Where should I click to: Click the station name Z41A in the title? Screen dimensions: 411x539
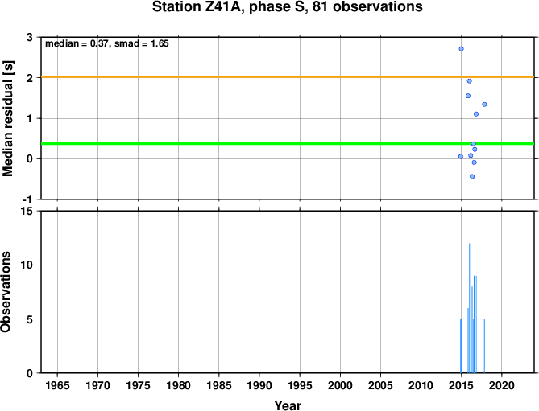coord(214,8)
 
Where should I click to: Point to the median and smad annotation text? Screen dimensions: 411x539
coord(106,44)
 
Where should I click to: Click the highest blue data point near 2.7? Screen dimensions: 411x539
coord(461,49)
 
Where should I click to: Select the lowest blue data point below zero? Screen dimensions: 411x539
coord(472,176)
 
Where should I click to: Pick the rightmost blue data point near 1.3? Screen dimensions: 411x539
coord(484,104)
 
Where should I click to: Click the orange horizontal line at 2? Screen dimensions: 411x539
coord(242,77)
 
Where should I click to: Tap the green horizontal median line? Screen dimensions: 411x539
coord(242,144)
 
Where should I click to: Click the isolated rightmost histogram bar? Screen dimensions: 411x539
coord(483,346)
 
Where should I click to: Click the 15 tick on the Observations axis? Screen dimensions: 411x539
coord(27,212)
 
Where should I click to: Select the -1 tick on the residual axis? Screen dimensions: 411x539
coord(27,199)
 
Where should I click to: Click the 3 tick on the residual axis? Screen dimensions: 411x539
coord(30,38)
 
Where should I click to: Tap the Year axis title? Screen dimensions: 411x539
coord(288,405)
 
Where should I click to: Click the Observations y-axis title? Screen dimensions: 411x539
coord(7,292)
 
